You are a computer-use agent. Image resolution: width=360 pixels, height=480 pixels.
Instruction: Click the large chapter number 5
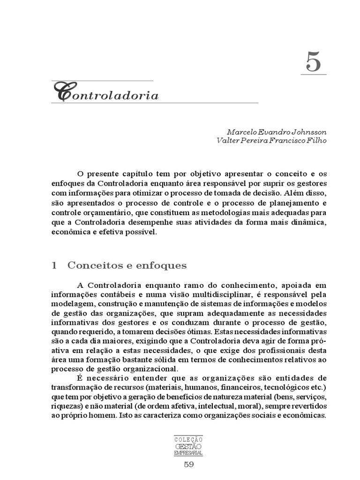click(314, 61)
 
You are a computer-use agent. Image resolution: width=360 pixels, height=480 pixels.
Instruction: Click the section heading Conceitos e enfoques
click(127, 266)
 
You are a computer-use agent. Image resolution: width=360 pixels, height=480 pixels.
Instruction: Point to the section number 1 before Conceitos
click(54, 266)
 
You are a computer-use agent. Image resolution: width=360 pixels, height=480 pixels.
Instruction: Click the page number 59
click(188, 465)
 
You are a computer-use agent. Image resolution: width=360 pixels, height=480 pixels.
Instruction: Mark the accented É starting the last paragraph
click(78, 378)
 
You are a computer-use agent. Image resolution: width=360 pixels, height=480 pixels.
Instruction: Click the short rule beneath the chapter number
click(314, 74)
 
